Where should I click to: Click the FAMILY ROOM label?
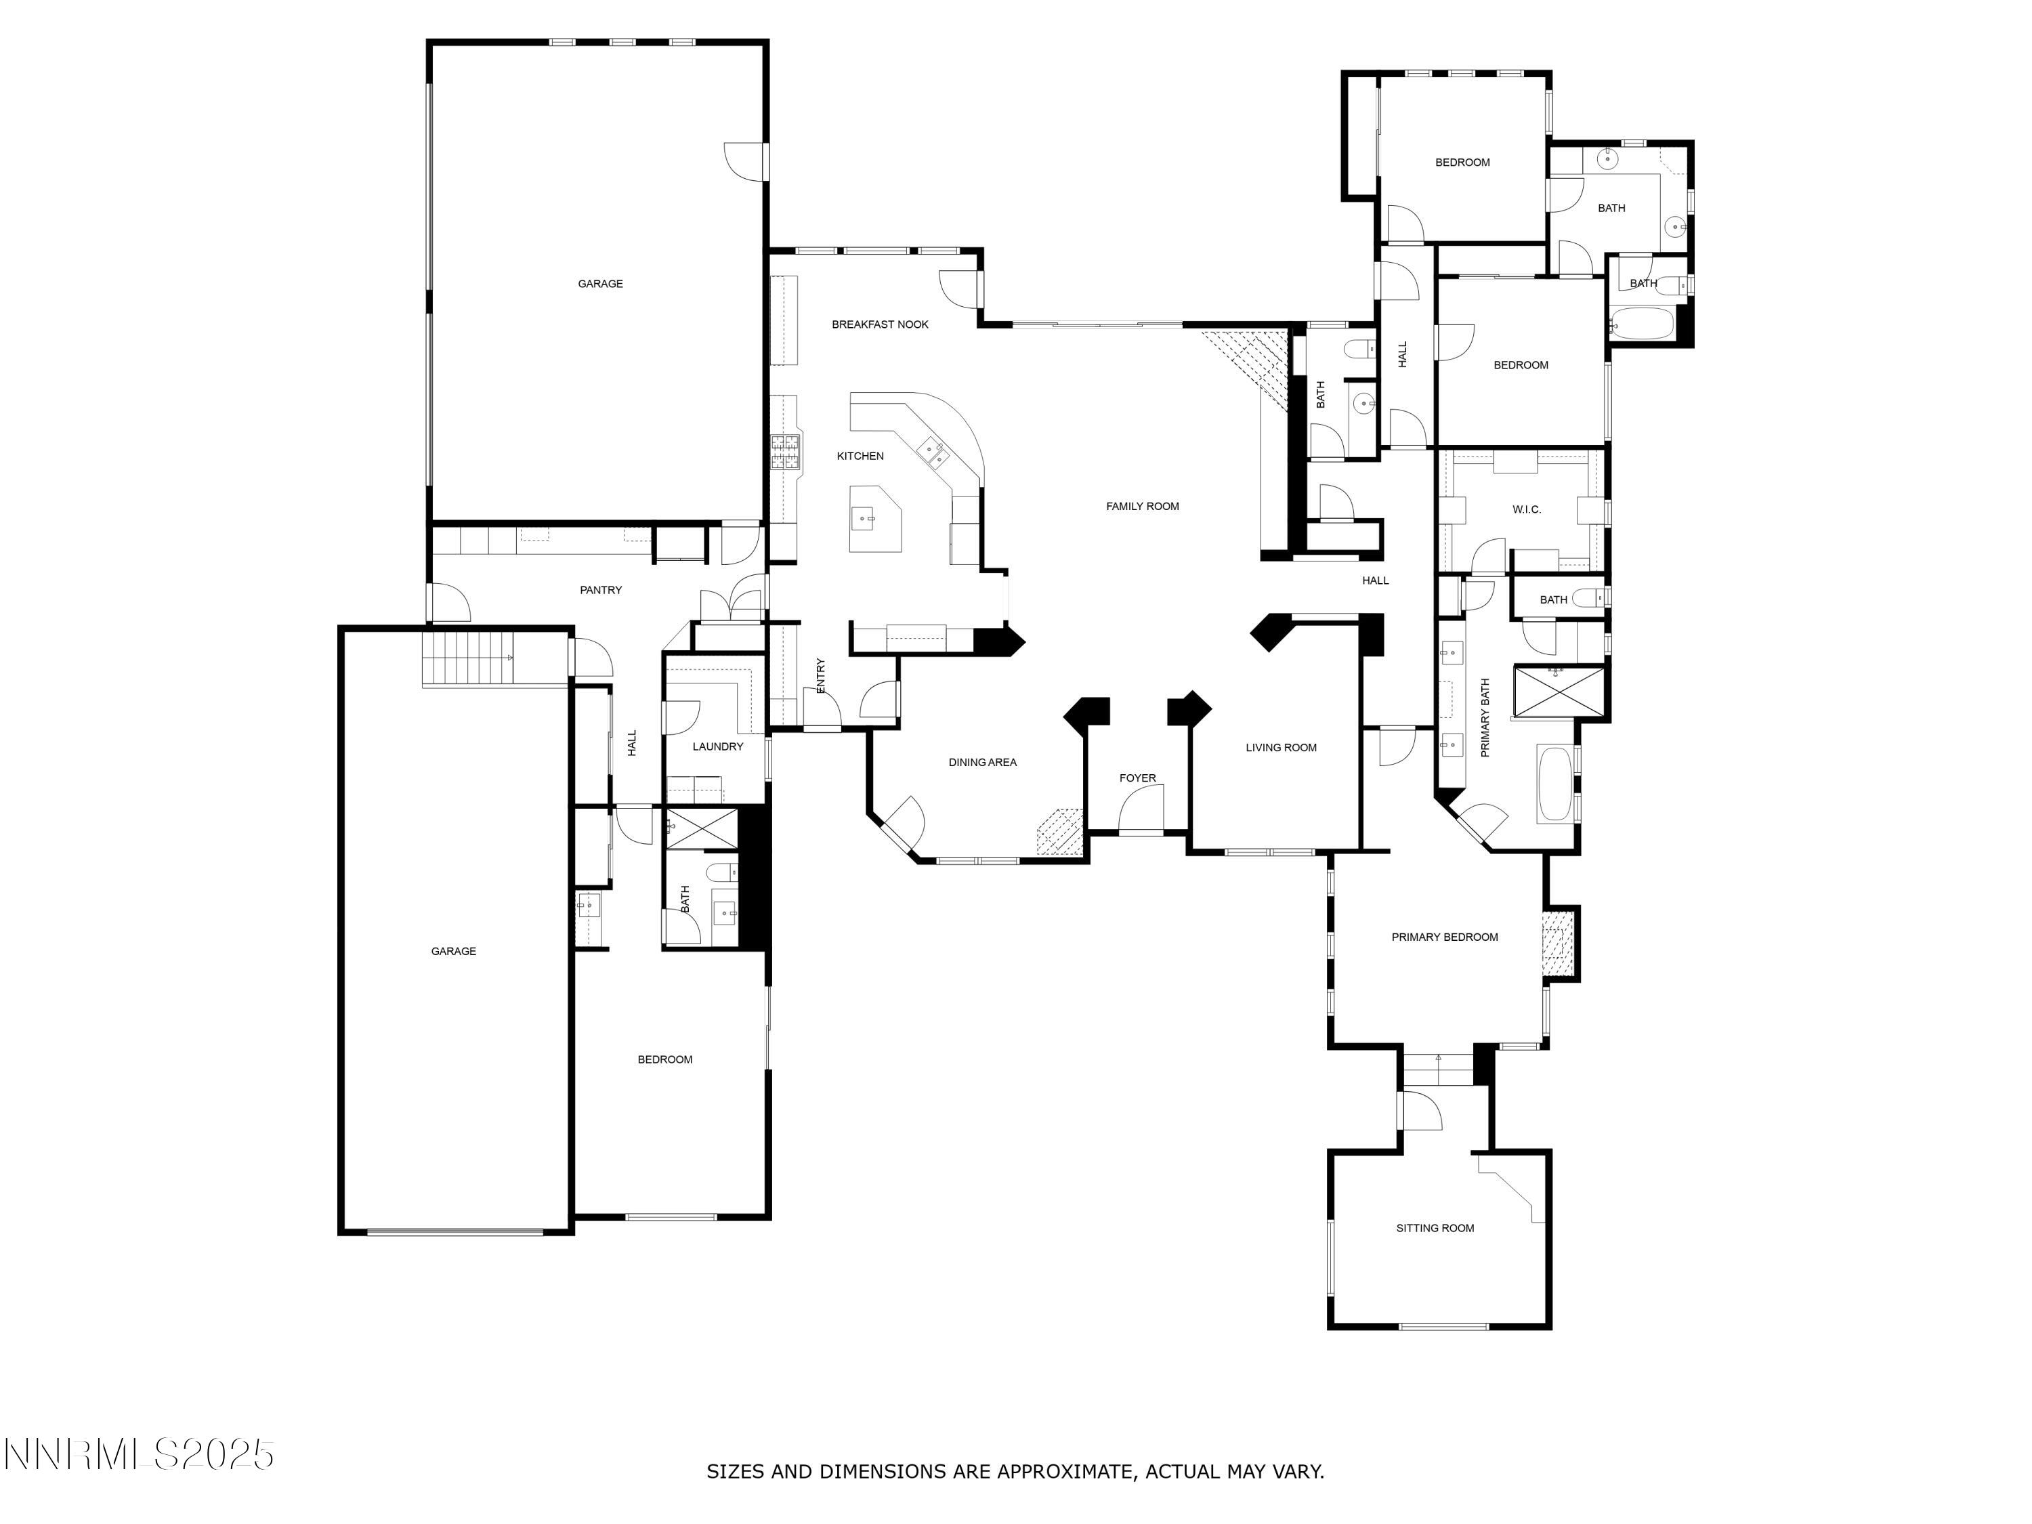(1142, 506)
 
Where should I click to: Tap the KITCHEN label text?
(860, 456)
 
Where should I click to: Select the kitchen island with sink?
(872, 519)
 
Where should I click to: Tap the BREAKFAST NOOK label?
(879, 324)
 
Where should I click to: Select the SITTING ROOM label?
(1435, 1228)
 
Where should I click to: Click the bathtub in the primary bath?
(1554, 783)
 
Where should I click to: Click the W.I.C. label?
(1526, 509)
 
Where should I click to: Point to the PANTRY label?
(601, 590)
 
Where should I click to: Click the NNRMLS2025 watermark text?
(140, 1454)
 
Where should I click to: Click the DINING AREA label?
(982, 761)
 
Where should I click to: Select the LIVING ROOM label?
(1281, 747)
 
